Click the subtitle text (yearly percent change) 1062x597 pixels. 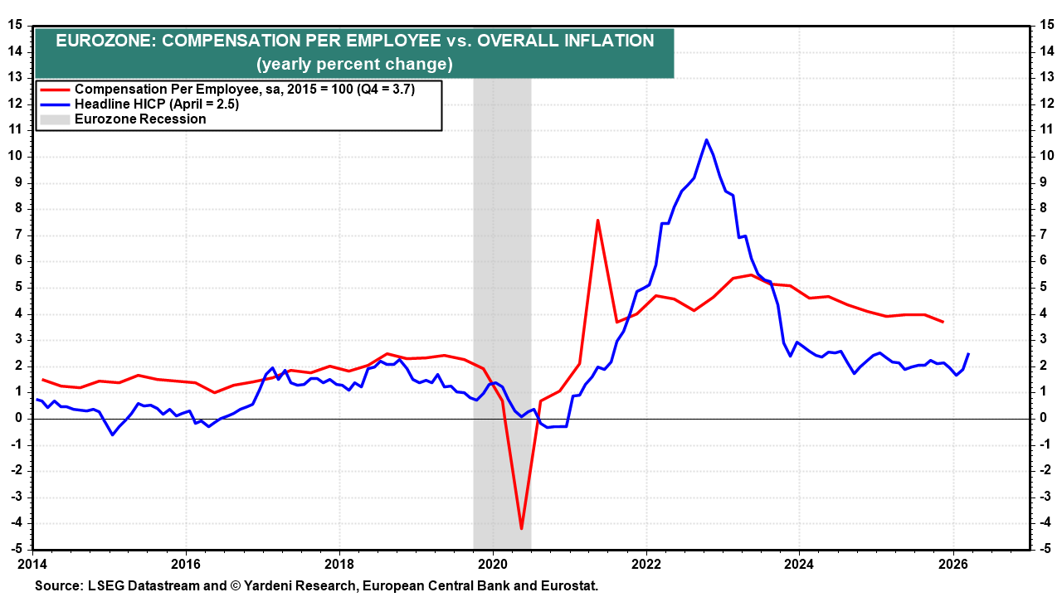click(x=354, y=64)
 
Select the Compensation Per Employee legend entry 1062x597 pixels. click(x=244, y=89)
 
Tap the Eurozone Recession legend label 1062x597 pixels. click(x=140, y=119)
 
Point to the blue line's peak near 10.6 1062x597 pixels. click(x=706, y=139)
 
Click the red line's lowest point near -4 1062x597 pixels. click(x=521, y=528)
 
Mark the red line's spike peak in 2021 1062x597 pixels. click(x=597, y=220)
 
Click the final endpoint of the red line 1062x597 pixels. click(x=943, y=322)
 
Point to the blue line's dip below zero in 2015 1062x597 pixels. click(x=113, y=434)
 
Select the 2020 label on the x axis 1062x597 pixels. click(x=492, y=563)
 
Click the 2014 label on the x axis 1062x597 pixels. click(x=34, y=563)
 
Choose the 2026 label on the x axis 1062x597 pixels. click(x=952, y=563)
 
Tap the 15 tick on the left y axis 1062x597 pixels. click(x=16, y=25)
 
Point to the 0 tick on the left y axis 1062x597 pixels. click(x=17, y=418)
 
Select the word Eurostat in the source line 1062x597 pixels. click(x=570, y=585)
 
